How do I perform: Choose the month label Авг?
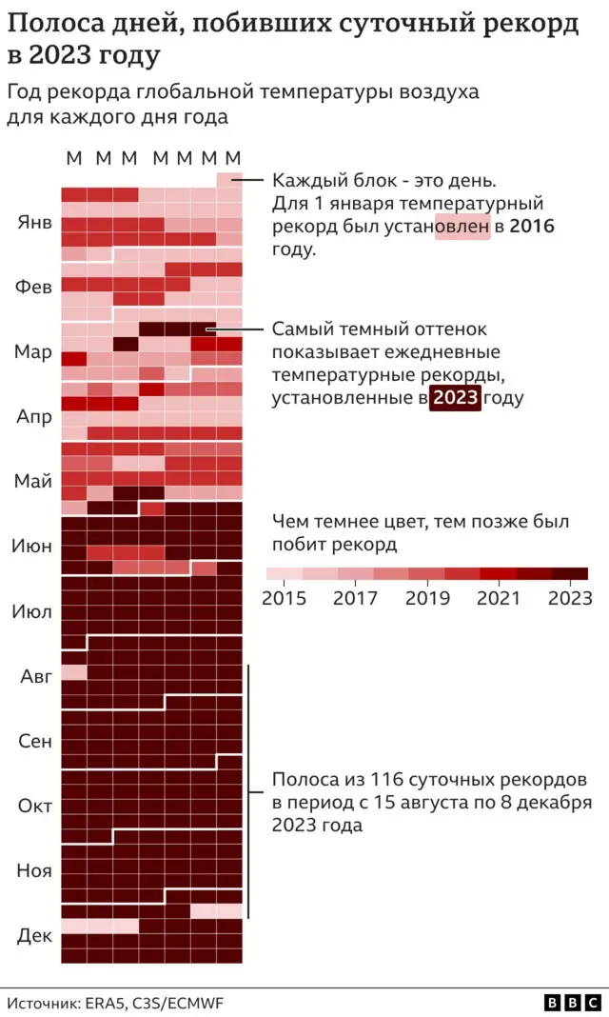point(36,676)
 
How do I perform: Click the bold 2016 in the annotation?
point(532,227)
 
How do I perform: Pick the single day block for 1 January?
point(229,179)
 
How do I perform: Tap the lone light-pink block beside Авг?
point(74,672)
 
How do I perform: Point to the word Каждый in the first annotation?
point(304,180)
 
